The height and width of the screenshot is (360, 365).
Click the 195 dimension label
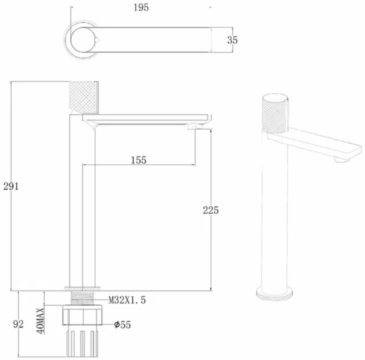point(141,8)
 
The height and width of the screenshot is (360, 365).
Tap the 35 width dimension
point(232,40)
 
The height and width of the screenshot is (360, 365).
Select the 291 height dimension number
point(11,186)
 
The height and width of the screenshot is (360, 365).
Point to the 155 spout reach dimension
point(139,160)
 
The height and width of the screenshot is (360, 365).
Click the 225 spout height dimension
point(211,210)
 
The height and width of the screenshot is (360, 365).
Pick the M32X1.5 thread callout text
point(127,300)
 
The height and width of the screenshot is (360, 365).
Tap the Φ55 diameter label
point(123,325)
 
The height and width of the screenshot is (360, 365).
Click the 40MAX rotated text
point(41,321)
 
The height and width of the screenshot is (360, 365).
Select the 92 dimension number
point(18,324)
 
